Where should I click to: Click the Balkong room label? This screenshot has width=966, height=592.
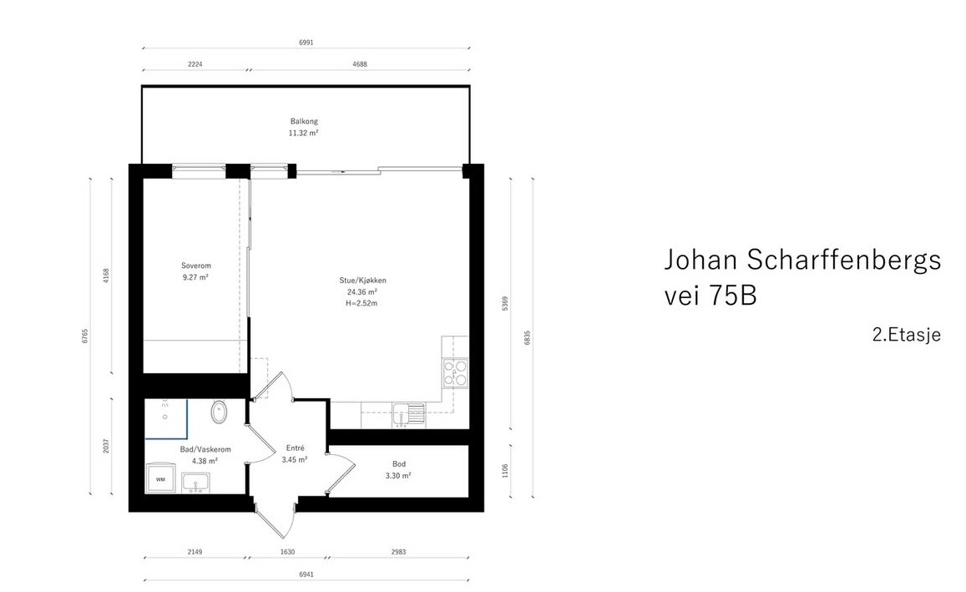(304, 121)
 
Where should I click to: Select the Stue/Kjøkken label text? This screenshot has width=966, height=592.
(362, 281)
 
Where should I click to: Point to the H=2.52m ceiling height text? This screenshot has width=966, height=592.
(362, 304)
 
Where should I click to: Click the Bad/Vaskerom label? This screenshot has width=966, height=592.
(205, 449)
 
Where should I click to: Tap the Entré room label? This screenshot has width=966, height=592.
(294, 448)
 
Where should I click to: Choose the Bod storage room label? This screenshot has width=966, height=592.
(399, 463)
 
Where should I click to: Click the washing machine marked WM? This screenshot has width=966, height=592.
(159, 479)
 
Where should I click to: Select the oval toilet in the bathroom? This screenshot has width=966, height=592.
(220, 412)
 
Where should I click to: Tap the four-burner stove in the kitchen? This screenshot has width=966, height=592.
(456, 372)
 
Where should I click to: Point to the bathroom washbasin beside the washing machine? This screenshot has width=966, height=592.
(197, 483)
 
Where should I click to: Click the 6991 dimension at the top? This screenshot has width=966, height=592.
(306, 42)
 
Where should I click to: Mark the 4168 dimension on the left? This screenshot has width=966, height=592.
(106, 276)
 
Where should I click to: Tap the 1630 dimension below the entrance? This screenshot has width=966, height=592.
(287, 552)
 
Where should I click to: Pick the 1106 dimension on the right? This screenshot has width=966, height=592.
(504, 471)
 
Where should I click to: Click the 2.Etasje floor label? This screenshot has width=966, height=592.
(906, 335)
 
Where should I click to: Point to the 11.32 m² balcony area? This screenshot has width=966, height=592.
(304, 133)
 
